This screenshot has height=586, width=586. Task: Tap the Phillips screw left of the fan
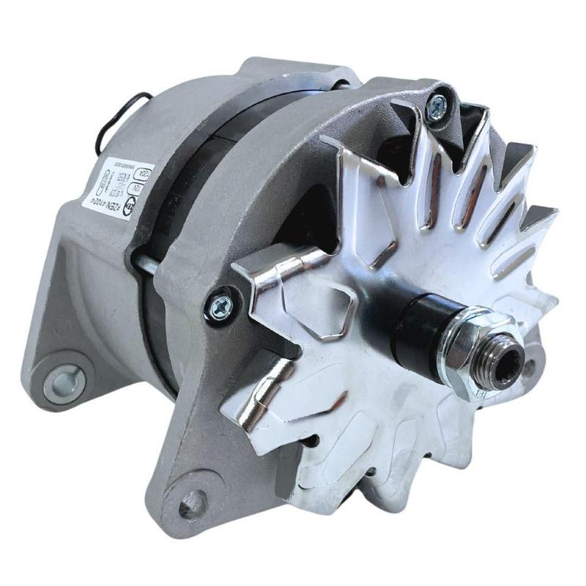pyautogui.click(x=219, y=308)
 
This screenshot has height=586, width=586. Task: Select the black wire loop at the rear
pyautogui.click(x=121, y=121)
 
